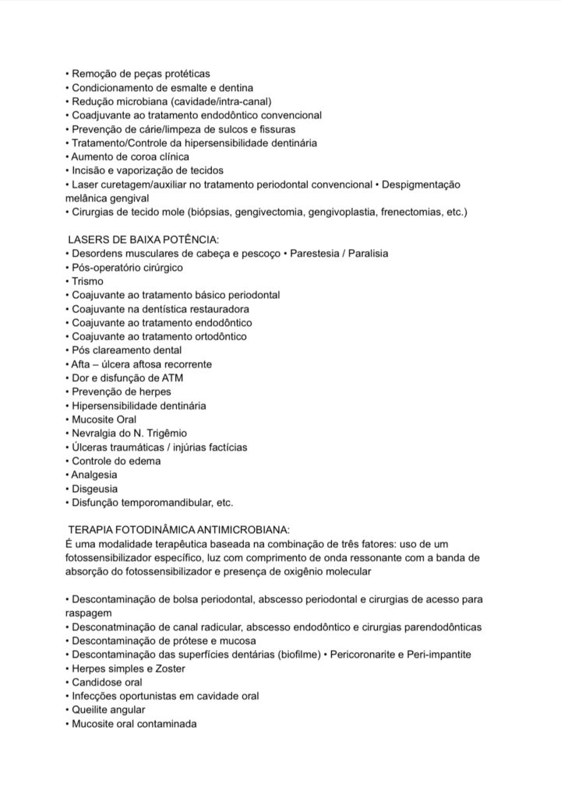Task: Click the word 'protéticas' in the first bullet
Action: coord(180,73)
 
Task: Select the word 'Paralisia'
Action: coord(365,254)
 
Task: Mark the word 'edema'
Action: coord(145,461)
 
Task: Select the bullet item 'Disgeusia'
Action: coord(94,488)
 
